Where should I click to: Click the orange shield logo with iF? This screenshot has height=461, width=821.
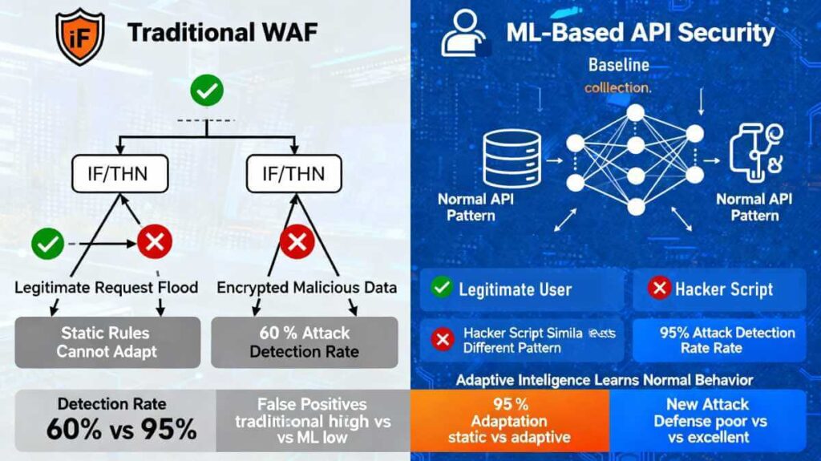pos(79,35)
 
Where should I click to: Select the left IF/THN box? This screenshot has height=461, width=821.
pos(121,173)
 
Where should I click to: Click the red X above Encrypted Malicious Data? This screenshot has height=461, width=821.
pos(296,241)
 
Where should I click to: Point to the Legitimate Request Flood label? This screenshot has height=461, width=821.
pos(107,287)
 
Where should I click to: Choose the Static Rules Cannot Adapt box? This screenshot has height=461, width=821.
pos(107,342)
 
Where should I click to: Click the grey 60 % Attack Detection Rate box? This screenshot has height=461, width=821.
pos(304,342)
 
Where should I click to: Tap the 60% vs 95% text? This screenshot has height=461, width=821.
pos(121,429)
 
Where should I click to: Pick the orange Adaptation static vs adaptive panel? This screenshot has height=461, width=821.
pos(509,421)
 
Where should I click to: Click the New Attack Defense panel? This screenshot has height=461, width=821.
pos(707,421)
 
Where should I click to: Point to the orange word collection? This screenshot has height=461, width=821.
pos(617,87)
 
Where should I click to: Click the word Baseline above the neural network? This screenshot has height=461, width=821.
pos(618,64)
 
